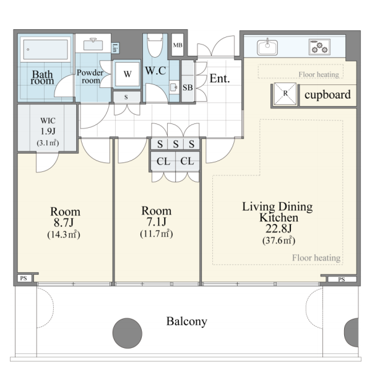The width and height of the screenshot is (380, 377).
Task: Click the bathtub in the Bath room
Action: (x=46, y=50)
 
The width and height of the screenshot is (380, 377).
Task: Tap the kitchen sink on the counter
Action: (x=267, y=47)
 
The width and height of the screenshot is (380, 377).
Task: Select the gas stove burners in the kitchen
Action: (x=319, y=47)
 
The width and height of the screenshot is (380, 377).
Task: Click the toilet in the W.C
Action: (x=155, y=45)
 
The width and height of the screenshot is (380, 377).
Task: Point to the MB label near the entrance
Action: (x=178, y=45)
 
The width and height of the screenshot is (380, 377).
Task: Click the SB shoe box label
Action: (x=188, y=87)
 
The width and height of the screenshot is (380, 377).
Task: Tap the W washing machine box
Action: (x=127, y=74)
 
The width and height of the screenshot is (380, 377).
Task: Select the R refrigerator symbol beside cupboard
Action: (x=285, y=94)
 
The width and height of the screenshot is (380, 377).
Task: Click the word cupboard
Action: (x=327, y=95)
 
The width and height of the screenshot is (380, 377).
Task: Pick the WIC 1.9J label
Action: (x=48, y=126)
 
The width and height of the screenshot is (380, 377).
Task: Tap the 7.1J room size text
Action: (x=157, y=221)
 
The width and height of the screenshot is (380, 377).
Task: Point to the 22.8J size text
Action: (x=279, y=228)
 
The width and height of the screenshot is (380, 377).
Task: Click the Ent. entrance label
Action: (x=220, y=78)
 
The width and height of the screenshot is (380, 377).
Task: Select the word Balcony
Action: (x=187, y=321)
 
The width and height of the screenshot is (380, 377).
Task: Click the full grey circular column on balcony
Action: (x=127, y=333)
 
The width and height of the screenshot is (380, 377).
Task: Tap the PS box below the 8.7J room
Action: (x=24, y=278)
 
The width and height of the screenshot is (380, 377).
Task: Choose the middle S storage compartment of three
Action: (x=176, y=144)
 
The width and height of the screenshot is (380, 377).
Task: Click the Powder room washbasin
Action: (x=93, y=45)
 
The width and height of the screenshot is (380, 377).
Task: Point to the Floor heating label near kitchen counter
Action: (x=319, y=74)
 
